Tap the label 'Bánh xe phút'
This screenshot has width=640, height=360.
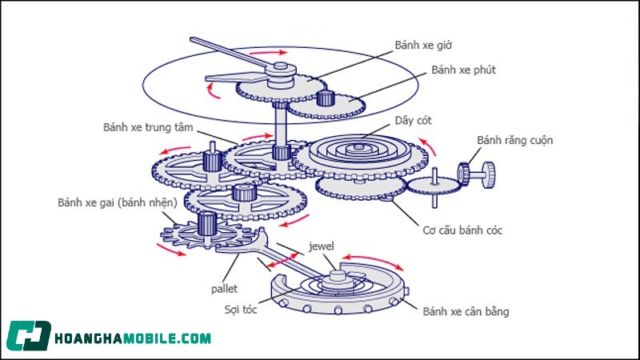[x=464, y=70]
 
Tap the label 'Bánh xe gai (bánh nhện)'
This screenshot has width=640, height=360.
[x=118, y=202]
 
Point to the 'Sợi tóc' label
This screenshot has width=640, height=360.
[x=239, y=306]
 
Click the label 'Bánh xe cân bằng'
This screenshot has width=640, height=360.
[x=466, y=311]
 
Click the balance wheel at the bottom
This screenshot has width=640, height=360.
[x=340, y=292]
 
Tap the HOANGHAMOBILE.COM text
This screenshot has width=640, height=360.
[x=133, y=338]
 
